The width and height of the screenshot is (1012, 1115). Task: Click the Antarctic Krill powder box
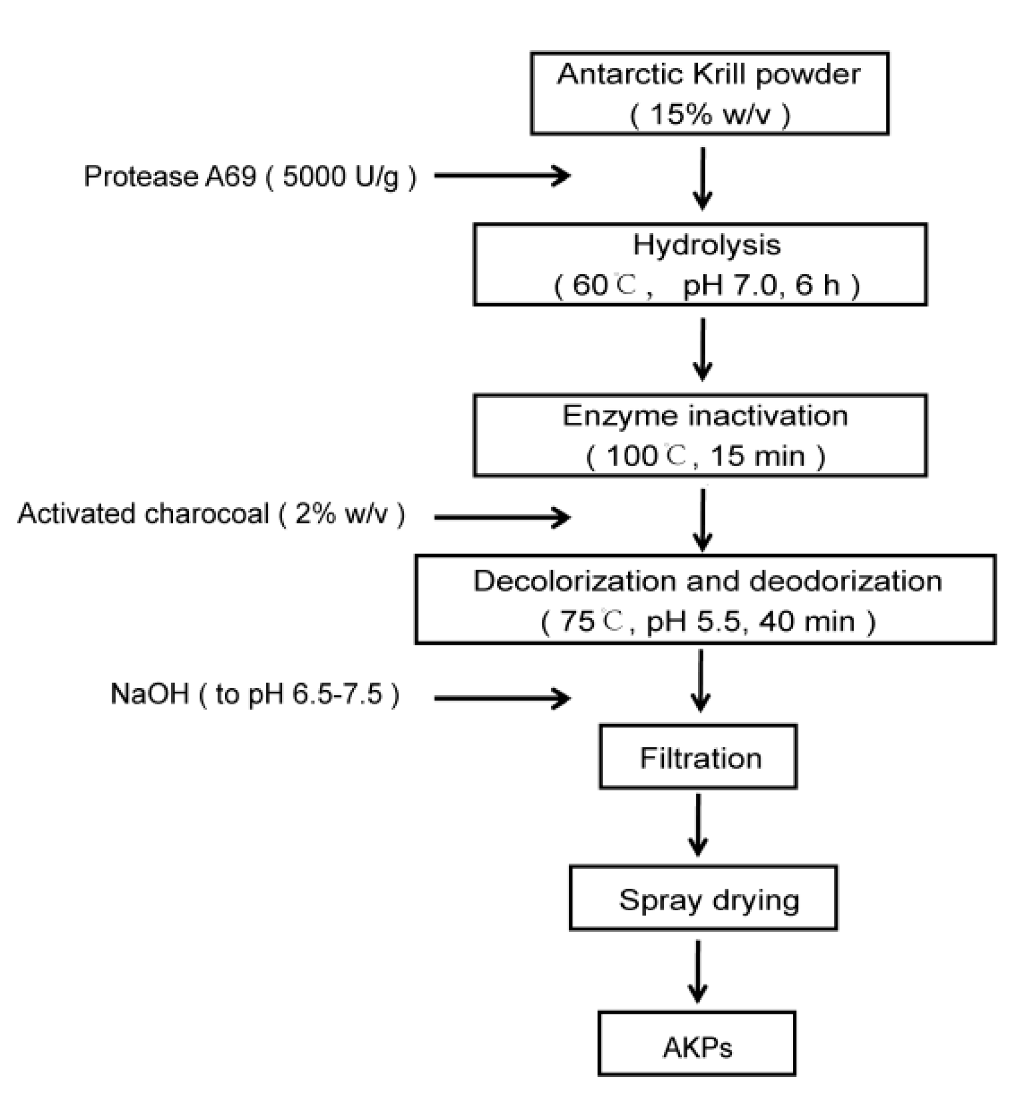coord(709,94)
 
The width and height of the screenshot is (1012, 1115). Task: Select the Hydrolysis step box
coord(700,264)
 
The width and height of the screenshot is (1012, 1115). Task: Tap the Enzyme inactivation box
coord(700,435)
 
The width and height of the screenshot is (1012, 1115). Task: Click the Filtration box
coord(698,756)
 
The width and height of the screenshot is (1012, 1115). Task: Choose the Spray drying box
coord(703,898)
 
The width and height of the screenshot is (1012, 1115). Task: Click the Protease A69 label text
coord(250,176)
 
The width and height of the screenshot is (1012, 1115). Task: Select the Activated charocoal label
coord(211,514)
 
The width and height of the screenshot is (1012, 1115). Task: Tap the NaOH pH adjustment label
coord(254,693)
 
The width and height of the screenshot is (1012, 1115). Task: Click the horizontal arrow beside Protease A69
coord(502,175)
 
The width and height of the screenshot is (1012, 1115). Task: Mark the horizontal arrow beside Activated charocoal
coord(502,517)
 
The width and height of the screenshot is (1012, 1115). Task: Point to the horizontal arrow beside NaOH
coord(502,698)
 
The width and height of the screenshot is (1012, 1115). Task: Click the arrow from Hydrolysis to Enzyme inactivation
coord(703,349)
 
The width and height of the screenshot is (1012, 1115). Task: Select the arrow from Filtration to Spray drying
coord(698,824)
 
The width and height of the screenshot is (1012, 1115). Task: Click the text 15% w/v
coord(710,114)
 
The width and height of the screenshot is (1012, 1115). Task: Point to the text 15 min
coord(758,456)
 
